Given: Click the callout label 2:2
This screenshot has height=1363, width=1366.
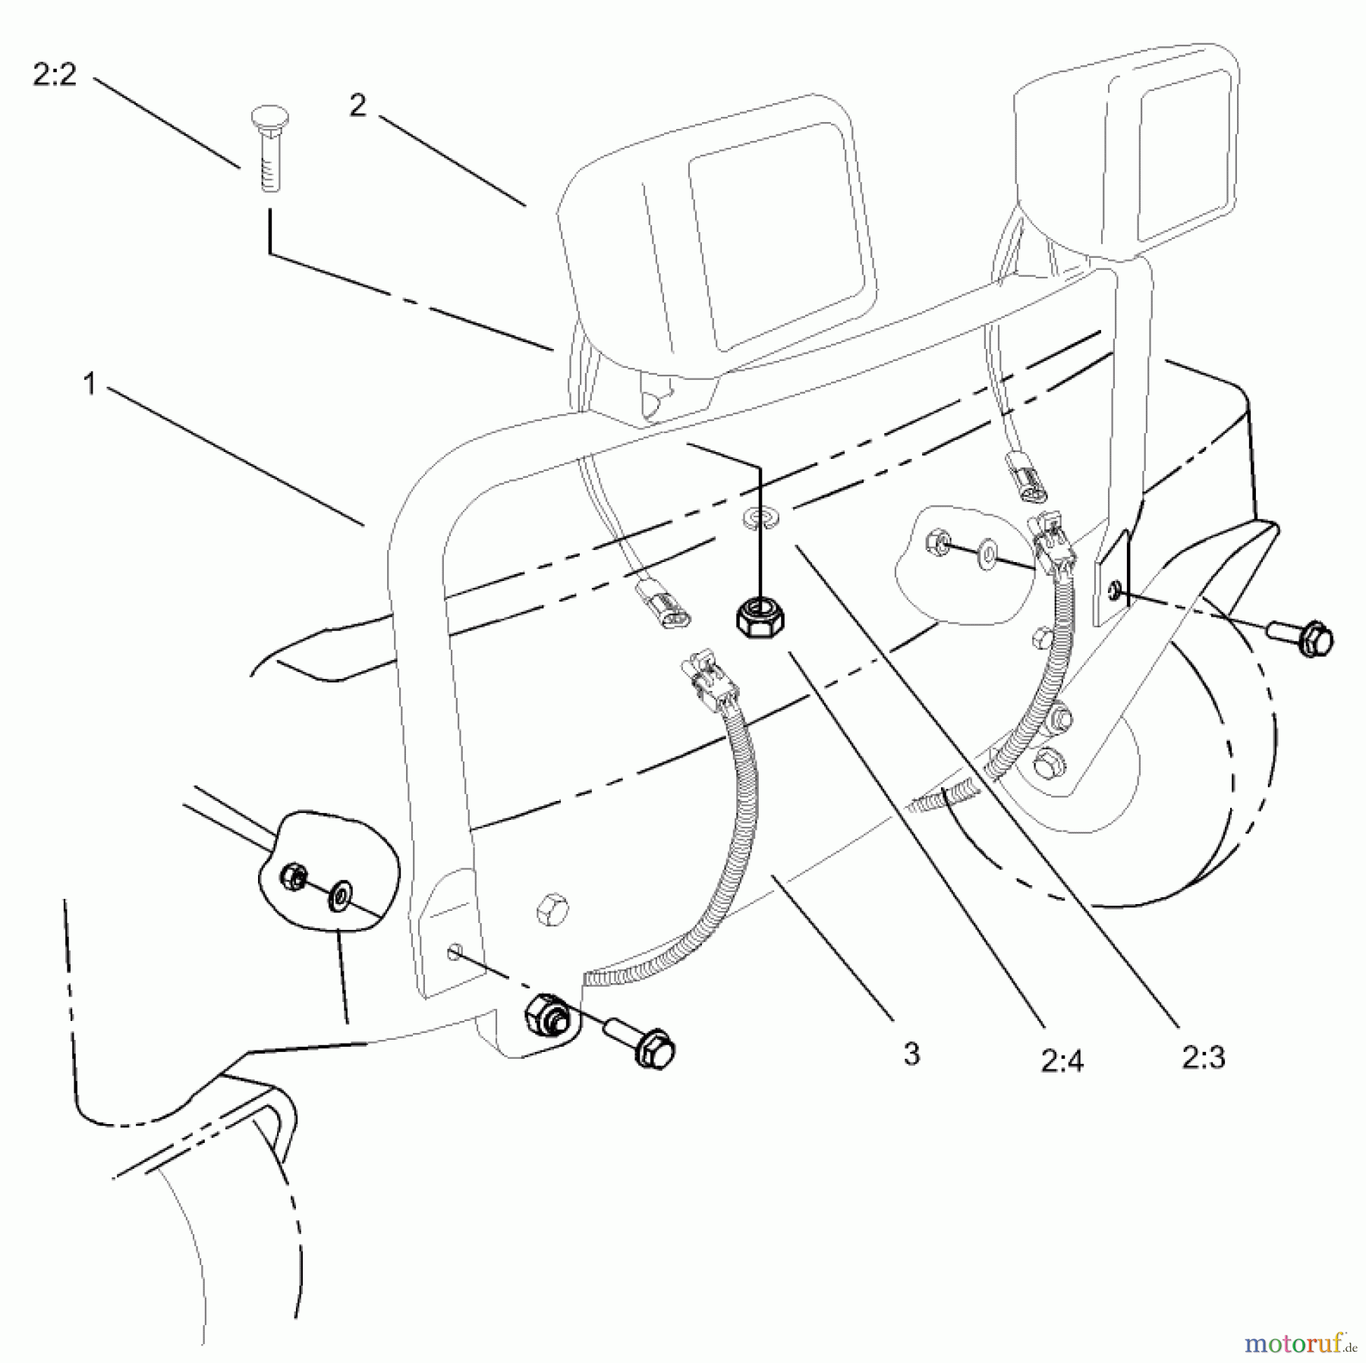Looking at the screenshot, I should pyautogui.click(x=55, y=75).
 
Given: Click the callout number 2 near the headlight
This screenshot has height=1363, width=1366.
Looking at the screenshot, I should pyautogui.click(x=357, y=105).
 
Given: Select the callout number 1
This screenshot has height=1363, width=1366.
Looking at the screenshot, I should pyautogui.click(x=90, y=384).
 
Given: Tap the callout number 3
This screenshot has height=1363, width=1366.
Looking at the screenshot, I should pyautogui.click(x=911, y=1054).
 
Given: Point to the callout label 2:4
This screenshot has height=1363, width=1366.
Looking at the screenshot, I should pyautogui.click(x=1062, y=1062).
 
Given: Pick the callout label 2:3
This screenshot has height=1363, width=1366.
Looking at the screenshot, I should pyautogui.click(x=1204, y=1057).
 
